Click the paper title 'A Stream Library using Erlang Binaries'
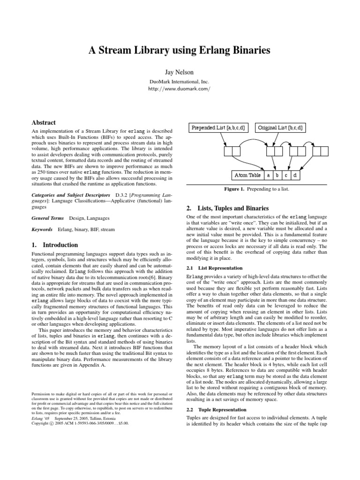(x=180, y=51)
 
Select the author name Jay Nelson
(x=180, y=73)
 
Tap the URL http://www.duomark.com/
(x=180, y=89)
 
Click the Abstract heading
(x=43, y=122)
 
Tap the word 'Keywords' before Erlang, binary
(x=41, y=230)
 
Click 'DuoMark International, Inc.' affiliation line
(x=180, y=81)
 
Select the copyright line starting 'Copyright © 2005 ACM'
(x=75, y=423)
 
